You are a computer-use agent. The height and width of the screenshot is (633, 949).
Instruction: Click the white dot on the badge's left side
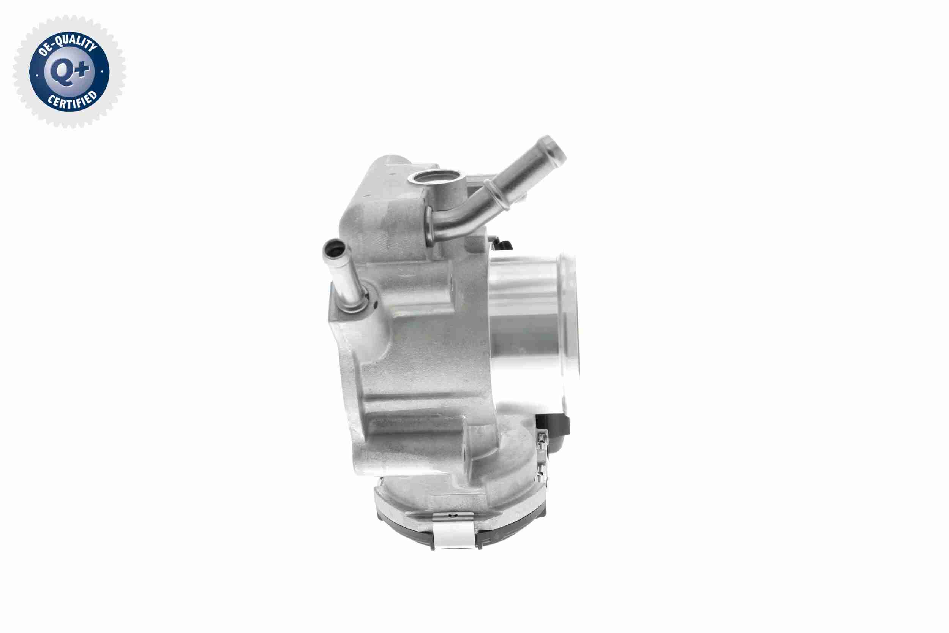point(37,75)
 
